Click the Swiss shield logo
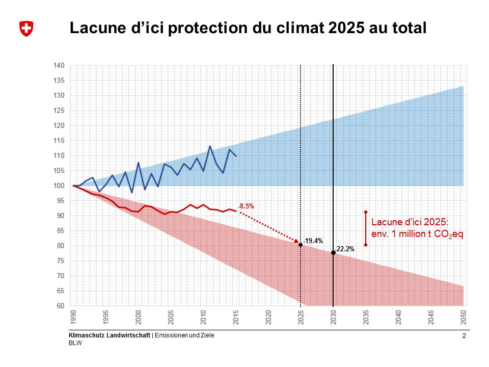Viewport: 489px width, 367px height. [26, 29]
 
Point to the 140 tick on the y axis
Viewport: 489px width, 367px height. [59, 65]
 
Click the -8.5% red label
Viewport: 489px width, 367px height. [246, 206]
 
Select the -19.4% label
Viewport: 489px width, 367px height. [313, 241]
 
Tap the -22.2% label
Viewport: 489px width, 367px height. [345, 249]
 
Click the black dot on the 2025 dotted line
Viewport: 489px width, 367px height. [301, 245]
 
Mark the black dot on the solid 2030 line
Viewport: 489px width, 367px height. [333, 253]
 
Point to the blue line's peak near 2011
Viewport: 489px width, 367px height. [210, 146]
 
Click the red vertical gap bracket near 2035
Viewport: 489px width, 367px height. [366, 228]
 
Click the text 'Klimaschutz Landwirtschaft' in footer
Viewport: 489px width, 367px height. [110, 335]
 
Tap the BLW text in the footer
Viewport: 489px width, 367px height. [75, 343]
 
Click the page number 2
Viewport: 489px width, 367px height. [464, 336]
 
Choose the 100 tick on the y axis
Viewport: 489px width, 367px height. [59, 186]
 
